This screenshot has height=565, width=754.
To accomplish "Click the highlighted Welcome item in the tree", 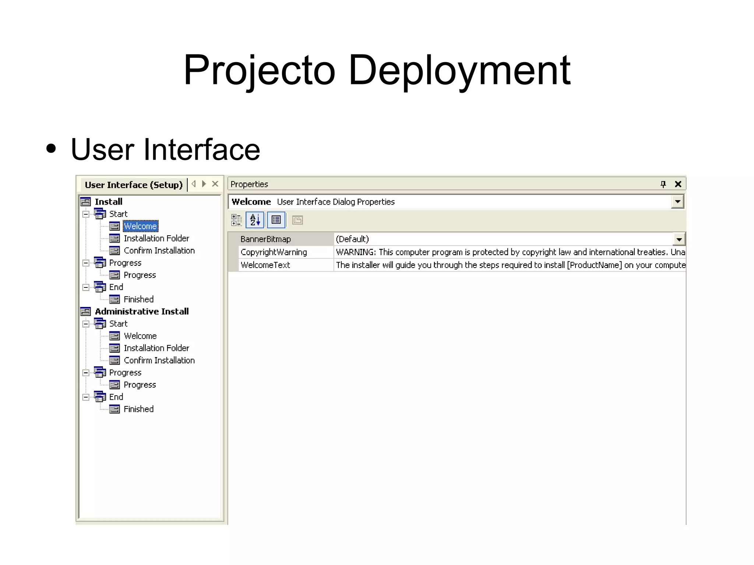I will pos(140,226).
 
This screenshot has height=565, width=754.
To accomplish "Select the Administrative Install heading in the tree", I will pos(141,311).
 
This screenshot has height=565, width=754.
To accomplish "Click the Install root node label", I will pos(108,202).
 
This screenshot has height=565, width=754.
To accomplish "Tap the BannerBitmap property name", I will pos(265,239).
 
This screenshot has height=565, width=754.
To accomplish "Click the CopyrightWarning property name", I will pos(274,252).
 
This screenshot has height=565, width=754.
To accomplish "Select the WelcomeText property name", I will pos(265,265).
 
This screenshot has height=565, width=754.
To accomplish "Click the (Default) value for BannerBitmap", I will pos(352,239).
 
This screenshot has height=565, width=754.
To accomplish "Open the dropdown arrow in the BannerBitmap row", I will pos(679,240).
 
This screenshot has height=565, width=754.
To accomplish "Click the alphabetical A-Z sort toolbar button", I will pos(255,220).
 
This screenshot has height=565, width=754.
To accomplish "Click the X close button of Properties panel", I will pos(678,184).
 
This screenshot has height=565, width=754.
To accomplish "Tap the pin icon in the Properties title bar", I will pos(663,184).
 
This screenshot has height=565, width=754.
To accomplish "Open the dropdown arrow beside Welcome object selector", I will pos(677,202).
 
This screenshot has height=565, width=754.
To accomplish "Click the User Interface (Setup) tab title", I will pos(133,185).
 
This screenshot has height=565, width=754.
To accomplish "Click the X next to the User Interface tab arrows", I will pos(215,184).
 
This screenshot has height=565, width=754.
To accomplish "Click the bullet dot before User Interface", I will pos(51,149).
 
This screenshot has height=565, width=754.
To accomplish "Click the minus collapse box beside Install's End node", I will pos(86,287).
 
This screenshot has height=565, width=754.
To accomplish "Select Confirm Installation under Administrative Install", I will pos(159,360).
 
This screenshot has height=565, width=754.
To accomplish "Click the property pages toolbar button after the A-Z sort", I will pos(276,220).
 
